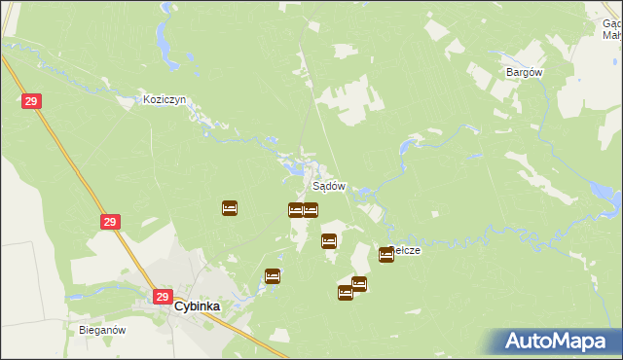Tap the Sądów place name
tap(328, 186)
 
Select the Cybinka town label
tap(198, 306)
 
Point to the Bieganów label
tap(103, 330)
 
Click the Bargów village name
tap(524, 72)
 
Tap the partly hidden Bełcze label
tap(407, 249)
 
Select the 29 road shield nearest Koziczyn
tap(31, 101)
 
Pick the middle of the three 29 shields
tap(111, 223)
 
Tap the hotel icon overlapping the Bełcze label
tap(386, 255)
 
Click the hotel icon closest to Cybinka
tap(273, 276)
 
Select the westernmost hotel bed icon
tap(230, 207)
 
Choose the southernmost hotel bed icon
tap(346, 293)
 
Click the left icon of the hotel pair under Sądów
tap(295, 210)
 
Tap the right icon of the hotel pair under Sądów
tap(311, 210)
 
